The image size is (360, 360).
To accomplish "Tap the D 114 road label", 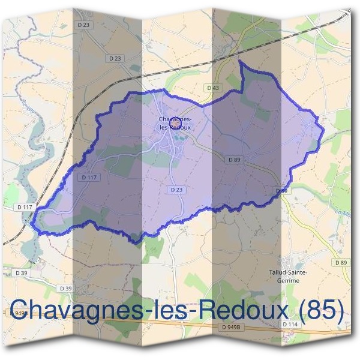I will coord(292,325).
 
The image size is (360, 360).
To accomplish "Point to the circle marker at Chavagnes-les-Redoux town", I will coord(175,121).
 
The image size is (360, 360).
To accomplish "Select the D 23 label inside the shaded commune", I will coord(175,189).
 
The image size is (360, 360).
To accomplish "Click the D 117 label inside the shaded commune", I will coord(88,177).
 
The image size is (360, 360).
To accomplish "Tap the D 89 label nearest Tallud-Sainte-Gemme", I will coord(341,263).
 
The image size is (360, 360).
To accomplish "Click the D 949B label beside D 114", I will coord(231,327).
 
